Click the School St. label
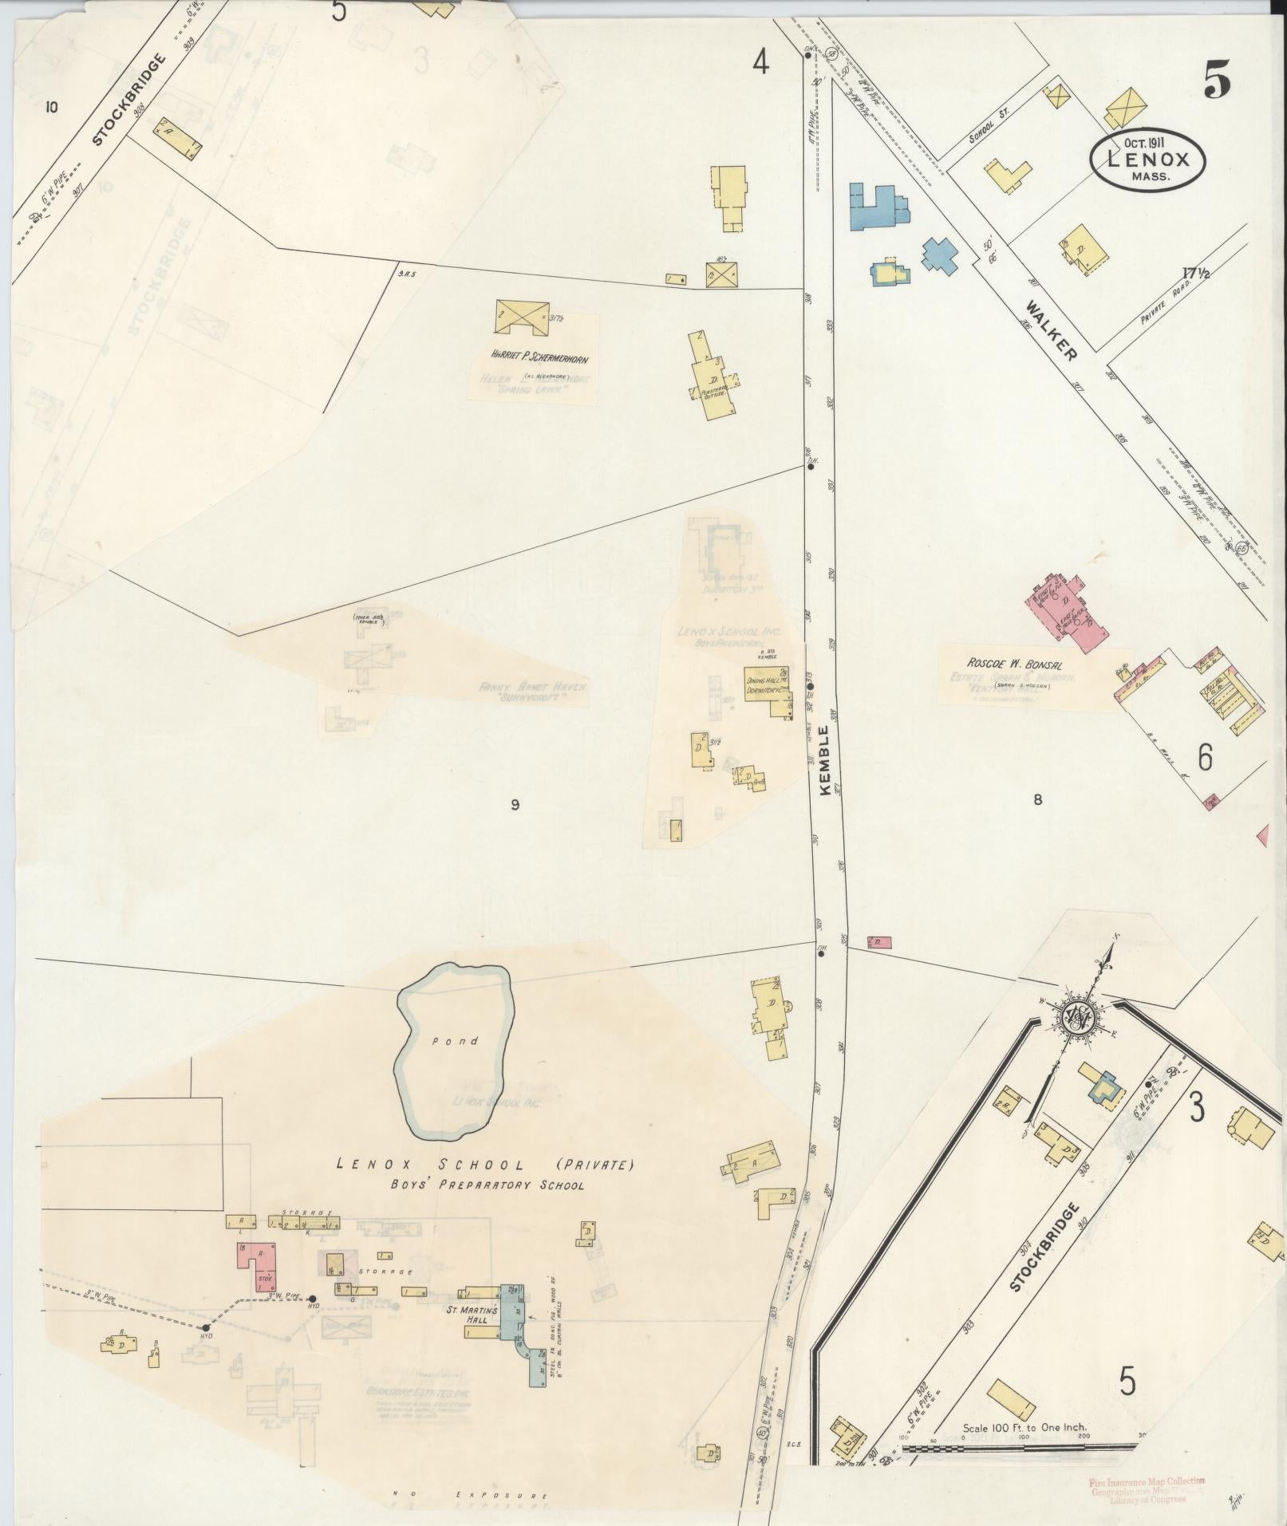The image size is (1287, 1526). click(989, 127)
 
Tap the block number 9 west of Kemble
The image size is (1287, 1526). click(515, 804)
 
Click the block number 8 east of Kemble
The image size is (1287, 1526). click(1037, 799)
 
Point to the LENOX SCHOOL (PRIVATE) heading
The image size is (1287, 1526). click(485, 1164)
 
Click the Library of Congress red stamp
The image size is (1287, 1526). click(1147, 1490)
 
